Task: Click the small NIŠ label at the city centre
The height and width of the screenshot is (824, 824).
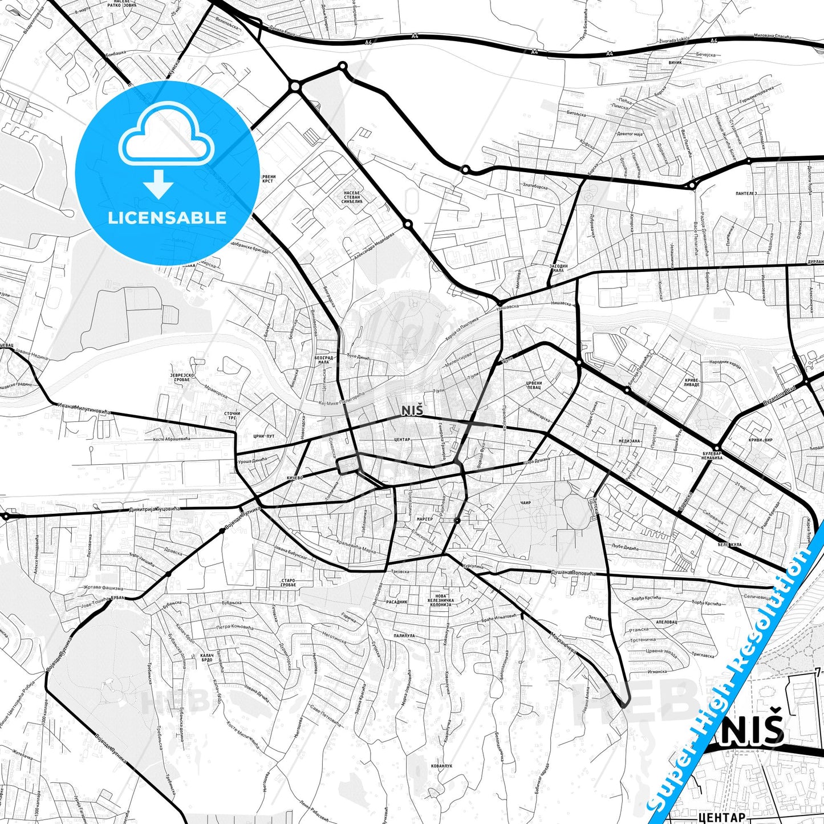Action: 412,411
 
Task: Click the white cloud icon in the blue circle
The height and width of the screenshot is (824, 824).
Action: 167,135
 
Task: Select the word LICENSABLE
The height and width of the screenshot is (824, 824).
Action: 167,217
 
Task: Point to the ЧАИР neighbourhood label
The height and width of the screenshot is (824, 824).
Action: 526,503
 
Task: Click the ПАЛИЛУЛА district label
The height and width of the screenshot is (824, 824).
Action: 404,635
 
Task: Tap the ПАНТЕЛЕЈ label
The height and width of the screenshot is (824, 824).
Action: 746,194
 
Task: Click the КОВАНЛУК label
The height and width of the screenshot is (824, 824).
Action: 442,766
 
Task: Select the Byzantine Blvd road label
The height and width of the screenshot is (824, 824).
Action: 780,398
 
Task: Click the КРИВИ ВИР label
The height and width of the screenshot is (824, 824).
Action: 761,440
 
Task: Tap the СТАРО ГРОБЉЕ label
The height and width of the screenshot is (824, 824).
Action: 288,583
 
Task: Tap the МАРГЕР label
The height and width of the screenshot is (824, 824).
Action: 424,519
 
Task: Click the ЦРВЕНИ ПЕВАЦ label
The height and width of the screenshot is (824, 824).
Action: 534,385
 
